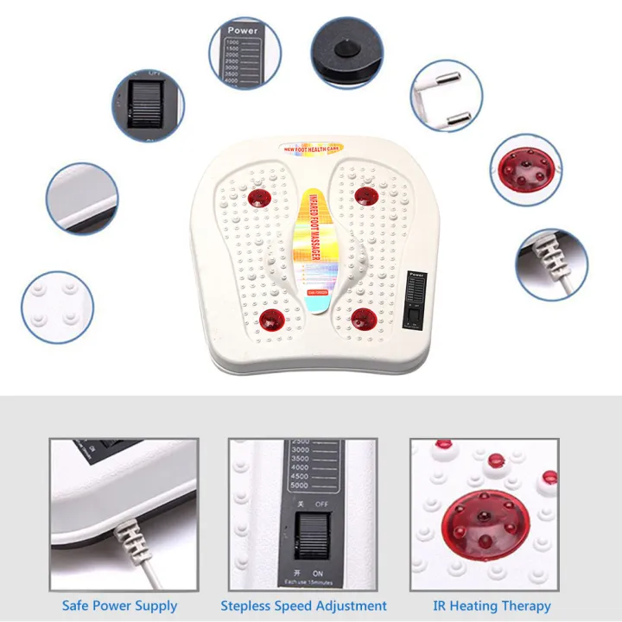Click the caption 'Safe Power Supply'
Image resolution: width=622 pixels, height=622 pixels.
[119, 606]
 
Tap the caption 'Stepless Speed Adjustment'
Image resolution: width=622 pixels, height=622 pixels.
[303, 606]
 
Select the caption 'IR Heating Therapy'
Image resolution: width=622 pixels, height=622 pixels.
[492, 606]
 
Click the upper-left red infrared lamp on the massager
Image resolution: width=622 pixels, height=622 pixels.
[258, 200]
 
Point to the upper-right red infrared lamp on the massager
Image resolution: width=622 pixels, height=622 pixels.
[366, 195]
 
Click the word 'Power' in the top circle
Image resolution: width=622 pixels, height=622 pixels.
[243, 31]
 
